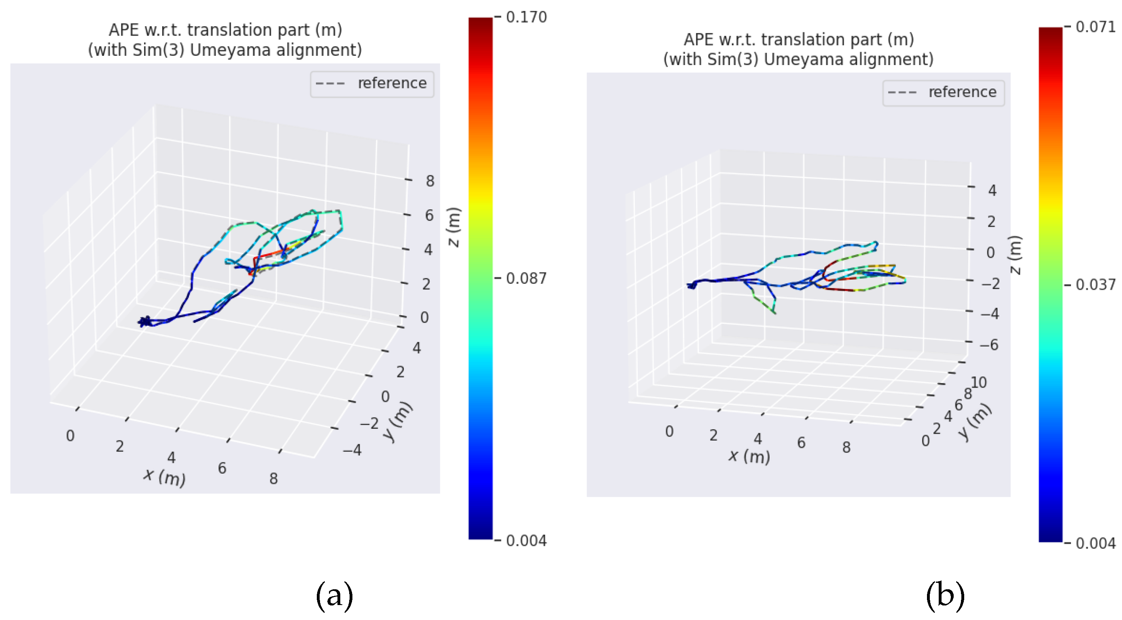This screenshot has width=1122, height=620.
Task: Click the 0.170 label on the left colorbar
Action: pyautogui.click(x=526, y=17)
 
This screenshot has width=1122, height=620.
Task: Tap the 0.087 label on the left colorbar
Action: pyautogui.click(x=526, y=278)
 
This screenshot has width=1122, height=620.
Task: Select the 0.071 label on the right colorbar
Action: pyautogui.click(x=1095, y=27)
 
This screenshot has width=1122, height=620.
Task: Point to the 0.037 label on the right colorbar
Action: pyautogui.click(x=1095, y=285)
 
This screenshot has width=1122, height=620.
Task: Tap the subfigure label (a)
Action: pyautogui.click(x=334, y=595)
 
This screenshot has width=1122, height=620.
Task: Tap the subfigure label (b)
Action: pyautogui.click(x=945, y=595)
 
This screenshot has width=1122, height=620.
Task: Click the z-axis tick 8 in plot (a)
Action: pyautogui.click(x=430, y=181)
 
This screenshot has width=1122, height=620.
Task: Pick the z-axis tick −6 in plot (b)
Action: pyautogui.click(x=989, y=345)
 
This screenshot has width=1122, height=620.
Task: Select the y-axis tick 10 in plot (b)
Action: pyautogui.click(x=978, y=382)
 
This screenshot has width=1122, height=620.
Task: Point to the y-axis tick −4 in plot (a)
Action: pyautogui.click(x=352, y=449)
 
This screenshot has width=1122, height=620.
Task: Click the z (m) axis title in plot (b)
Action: pyautogui.click(x=1015, y=255)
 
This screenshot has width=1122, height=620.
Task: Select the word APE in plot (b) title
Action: pyautogui.click(x=699, y=40)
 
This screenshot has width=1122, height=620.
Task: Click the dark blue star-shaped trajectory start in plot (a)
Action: pyautogui.click(x=144, y=322)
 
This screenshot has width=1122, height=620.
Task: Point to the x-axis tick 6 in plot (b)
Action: pyautogui.click(x=801, y=443)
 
